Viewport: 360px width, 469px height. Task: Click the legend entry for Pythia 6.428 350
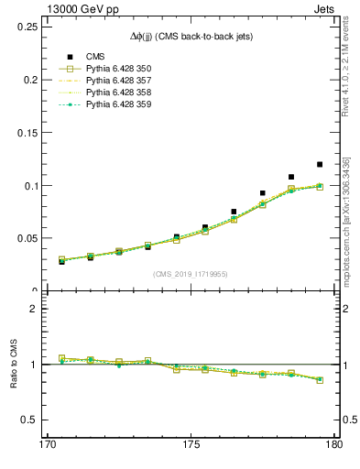pyautogui.click(x=118, y=69)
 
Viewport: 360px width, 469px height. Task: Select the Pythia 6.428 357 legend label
pyautogui.click(x=118, y=81)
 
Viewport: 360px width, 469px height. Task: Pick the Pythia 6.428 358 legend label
pyautogui.click(x=118, y=93)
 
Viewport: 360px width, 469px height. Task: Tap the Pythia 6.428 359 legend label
pyautogui.click(x=118, y=104)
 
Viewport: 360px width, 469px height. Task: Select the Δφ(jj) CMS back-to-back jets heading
pyautogui.click(x=190, y=36)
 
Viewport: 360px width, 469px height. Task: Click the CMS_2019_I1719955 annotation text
pyautogui.click(x=190, y=274)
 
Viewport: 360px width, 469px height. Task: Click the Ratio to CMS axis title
pyautogui.click(x=14, y=364)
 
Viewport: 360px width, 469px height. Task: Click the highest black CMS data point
pyautogui.click(x=320, y=165)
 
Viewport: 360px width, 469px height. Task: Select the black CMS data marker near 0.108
pyautogui.click(x=291, y=177)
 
